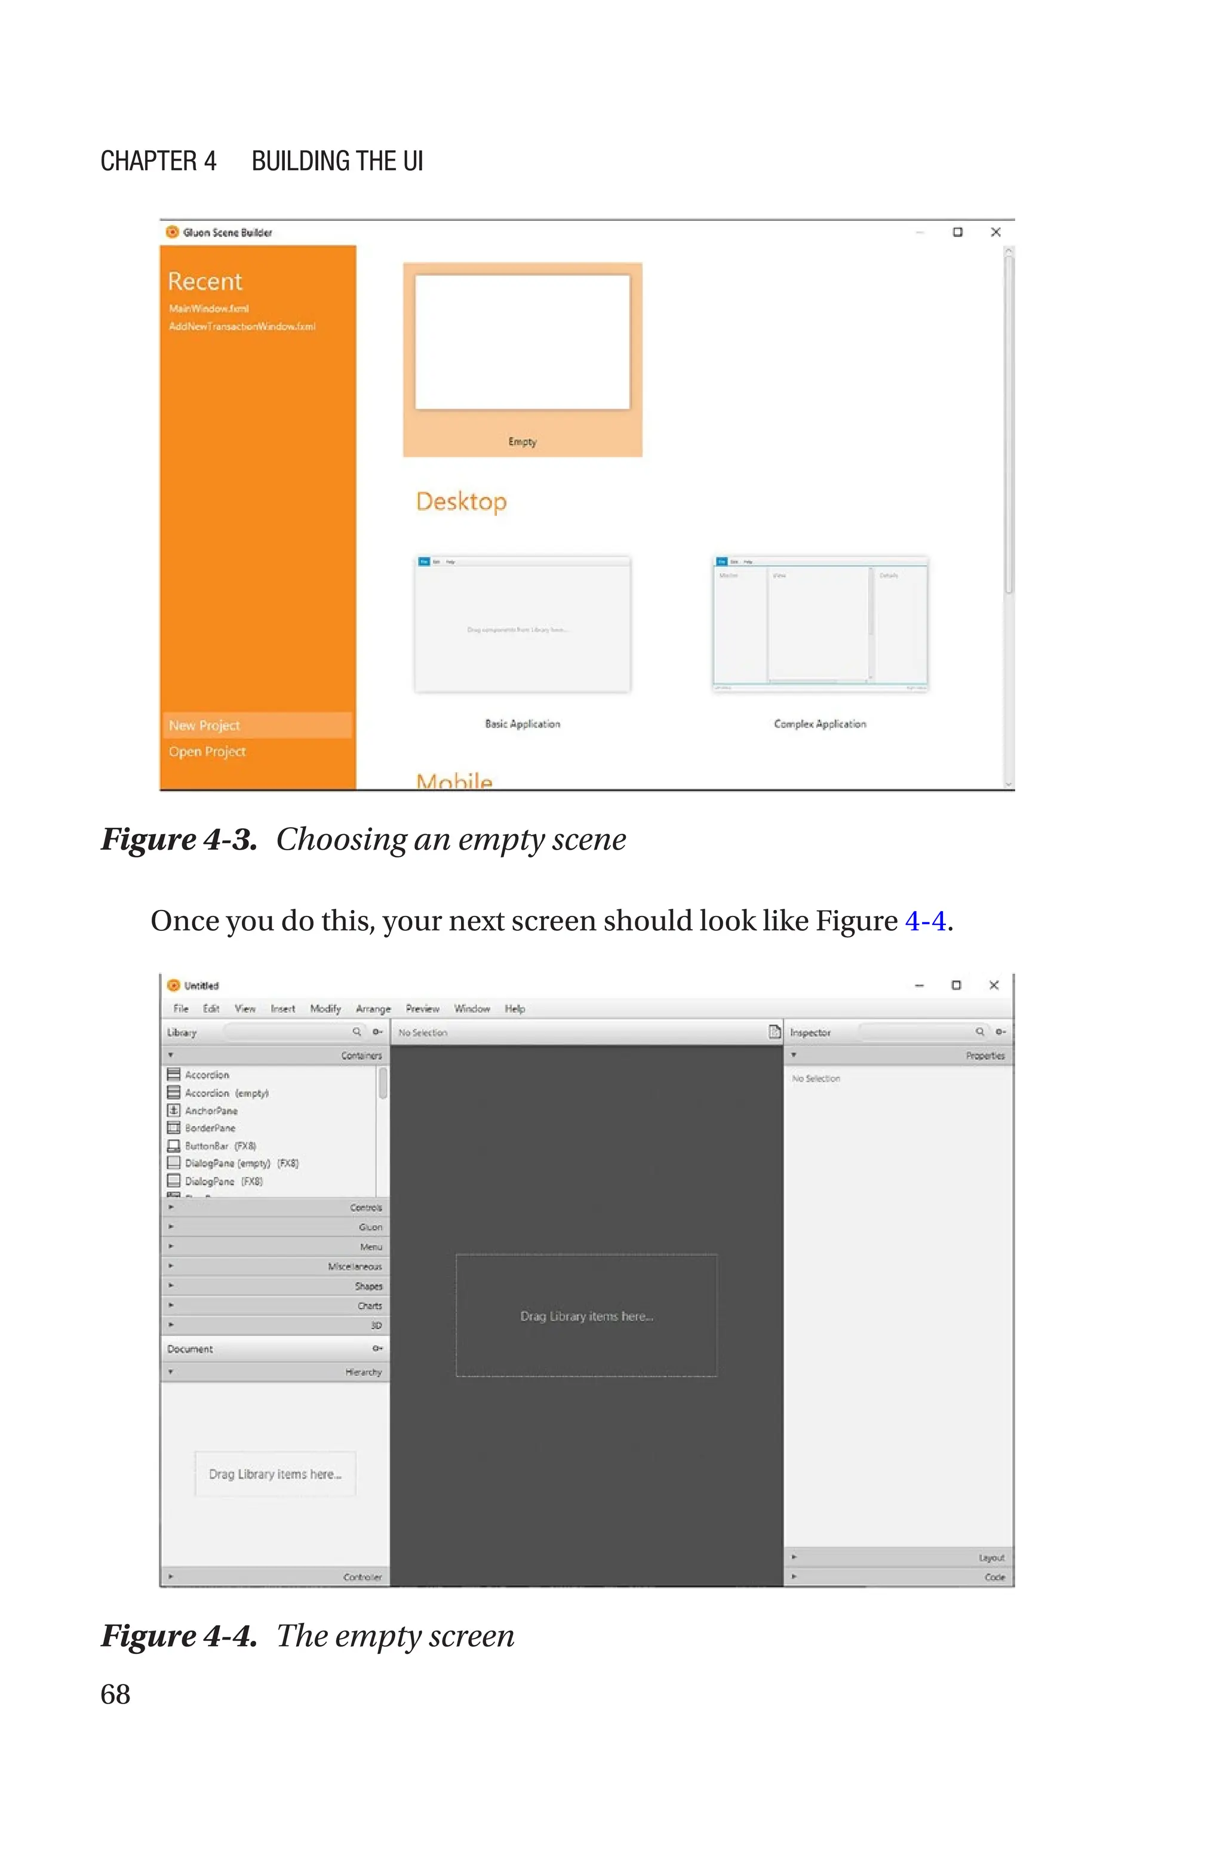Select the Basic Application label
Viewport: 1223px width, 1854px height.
522,724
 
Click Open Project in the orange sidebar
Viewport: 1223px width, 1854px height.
207,752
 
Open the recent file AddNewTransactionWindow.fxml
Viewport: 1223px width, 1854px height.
242,327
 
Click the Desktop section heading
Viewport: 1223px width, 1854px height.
461,502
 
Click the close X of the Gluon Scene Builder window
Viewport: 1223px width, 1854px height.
995,232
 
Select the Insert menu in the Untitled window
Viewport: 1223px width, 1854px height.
282,1009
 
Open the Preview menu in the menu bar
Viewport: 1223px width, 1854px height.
422,1009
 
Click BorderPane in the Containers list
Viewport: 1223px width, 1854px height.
210,1128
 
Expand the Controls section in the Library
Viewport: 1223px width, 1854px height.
365,1208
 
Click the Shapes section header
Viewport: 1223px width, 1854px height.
368,1286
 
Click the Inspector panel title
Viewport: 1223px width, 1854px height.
810,1032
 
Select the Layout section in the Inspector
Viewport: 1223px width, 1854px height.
991,1558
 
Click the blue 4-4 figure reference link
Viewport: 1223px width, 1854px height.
925,921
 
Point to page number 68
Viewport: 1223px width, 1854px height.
115,1694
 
